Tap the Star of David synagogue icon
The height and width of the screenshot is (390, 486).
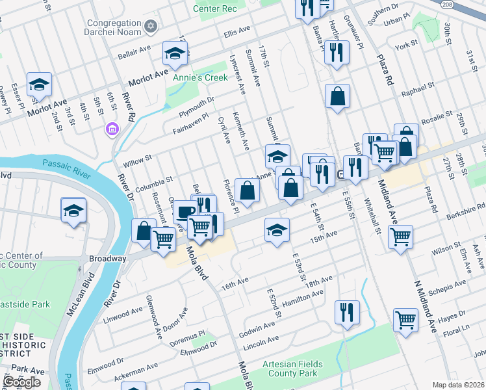click(x=152, y=25)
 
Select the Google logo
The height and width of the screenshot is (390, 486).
click(x=21, y=382)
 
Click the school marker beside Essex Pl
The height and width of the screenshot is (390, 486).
click(x=39, y=85)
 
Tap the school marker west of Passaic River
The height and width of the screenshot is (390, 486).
click(x=73, y=211)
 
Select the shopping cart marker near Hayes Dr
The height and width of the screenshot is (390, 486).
click(x=405, y=320)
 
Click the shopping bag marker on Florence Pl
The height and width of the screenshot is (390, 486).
click(x=248, y=191)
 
